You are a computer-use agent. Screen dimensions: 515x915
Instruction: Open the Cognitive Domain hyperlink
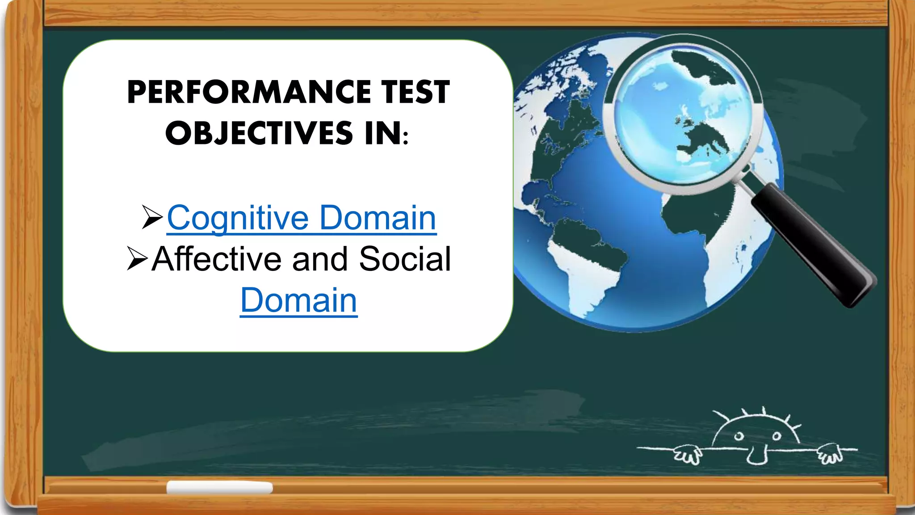click(x=302, y=218)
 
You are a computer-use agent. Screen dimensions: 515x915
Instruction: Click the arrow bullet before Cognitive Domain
click(x=152, y=217)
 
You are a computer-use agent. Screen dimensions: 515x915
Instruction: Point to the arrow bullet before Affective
click(x=137, y=258)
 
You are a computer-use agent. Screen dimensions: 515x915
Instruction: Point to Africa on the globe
click(x=697, y=215)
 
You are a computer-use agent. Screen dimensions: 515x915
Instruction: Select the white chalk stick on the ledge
click(x=219, y=487)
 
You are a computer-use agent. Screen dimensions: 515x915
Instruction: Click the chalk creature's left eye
click(x=739, y=436)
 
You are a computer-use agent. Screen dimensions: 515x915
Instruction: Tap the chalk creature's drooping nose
click(x=756, y=456)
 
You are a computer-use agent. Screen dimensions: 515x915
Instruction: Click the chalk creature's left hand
click(x=687, y=454)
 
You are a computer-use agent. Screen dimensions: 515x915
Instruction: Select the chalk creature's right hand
click(x=830, y=453)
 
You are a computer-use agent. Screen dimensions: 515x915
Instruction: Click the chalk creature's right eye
click(x=777, y=435)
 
